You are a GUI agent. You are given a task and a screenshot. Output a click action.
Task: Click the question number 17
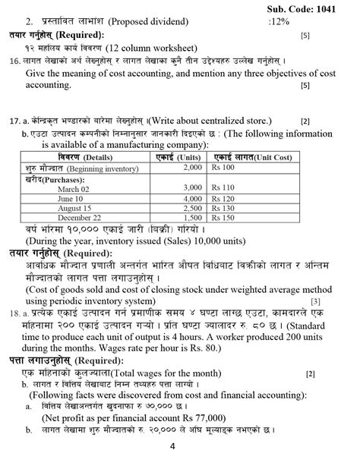pyautogui.click(x=14, y=121)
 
